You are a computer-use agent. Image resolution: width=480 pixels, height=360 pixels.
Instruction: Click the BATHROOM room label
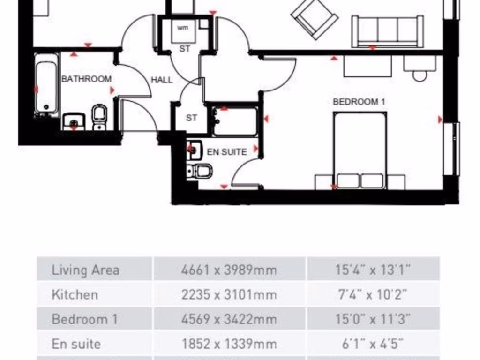[87, 79]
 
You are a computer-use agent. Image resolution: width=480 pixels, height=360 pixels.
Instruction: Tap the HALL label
[161, 80]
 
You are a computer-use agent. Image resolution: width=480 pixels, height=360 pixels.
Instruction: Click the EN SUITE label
[226, 152]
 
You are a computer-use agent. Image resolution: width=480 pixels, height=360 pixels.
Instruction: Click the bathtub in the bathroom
[47, 84]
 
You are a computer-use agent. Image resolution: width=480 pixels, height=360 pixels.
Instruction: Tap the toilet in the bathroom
[99, 116]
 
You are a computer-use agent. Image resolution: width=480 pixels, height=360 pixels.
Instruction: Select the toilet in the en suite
[201, 171]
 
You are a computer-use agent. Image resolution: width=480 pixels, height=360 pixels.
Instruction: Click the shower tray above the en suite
[235, 121]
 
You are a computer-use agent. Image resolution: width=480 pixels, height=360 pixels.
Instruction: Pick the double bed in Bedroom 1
[360, 150]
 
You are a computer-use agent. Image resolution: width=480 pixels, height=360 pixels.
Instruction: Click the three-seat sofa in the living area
[388, 31]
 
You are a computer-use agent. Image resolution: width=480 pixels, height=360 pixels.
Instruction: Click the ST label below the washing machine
[185, 48]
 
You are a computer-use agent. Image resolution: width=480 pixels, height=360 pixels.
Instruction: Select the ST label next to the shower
[191, 118]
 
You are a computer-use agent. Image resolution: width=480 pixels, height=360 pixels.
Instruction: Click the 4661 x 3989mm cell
[229, 270]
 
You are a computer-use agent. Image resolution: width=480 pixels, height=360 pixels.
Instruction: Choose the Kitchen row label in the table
[75, 295]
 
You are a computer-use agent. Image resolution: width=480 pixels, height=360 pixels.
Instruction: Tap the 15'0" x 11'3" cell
[373, 319]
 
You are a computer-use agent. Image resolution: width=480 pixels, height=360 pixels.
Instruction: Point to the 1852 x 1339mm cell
[229, 344]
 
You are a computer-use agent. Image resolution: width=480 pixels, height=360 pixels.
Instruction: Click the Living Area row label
[85, 270]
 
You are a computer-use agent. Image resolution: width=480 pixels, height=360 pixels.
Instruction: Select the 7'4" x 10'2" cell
[373, 295]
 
